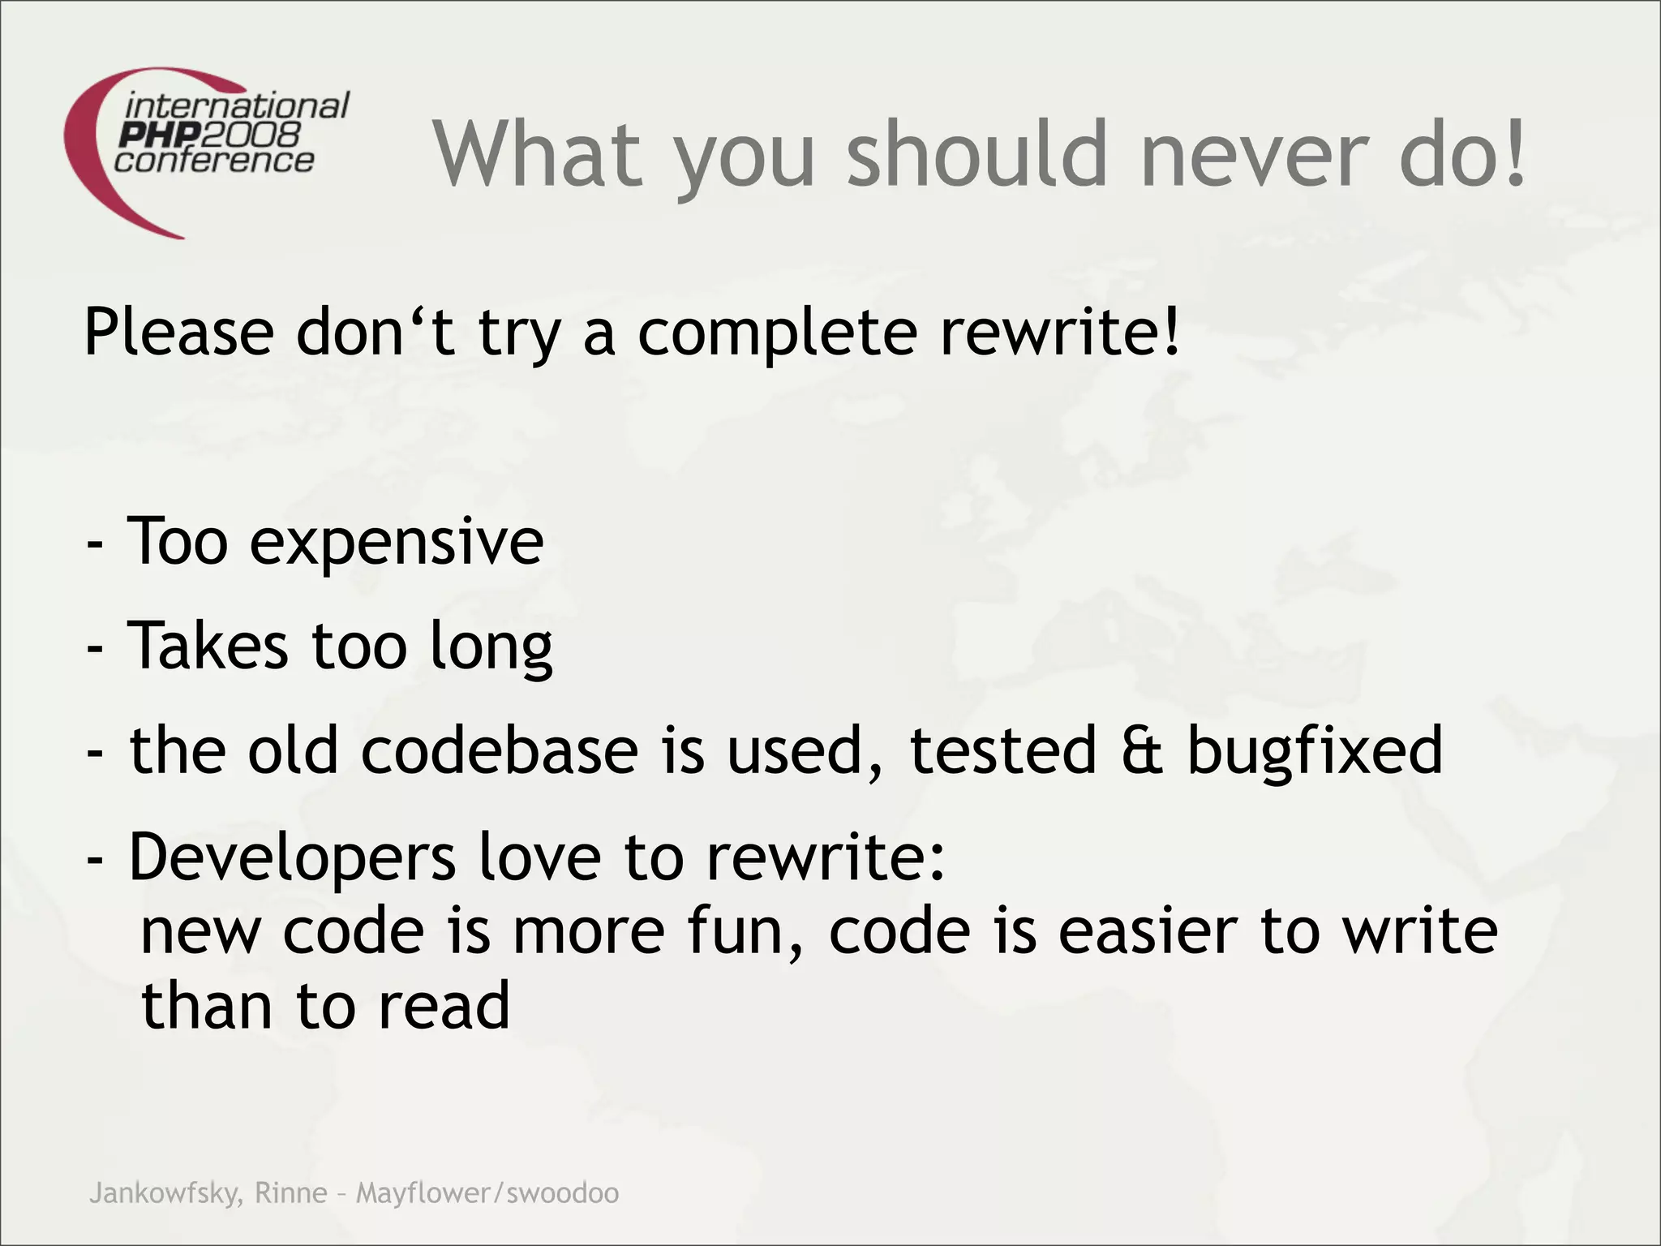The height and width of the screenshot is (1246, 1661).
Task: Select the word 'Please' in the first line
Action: pyautogui.click(x=179, y=333)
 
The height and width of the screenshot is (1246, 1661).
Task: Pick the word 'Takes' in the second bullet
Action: pyautogui.click(x=208, y=646)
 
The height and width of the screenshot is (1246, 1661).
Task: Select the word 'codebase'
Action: pyautogui.click(x=500, y=750)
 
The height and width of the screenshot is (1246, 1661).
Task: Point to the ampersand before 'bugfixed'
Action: pyautogui.click(x=1143, y=750)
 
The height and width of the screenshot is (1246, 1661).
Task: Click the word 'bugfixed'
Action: pyautogui.click(x=1315, y=751)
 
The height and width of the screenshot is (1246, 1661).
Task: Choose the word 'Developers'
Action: pyautogui.click(x=292, y=858)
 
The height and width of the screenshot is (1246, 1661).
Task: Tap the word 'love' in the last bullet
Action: pyautogui.click(x=539, y=857)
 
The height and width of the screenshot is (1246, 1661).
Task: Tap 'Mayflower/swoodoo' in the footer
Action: pyautogui.click(x=487, y=1194)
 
